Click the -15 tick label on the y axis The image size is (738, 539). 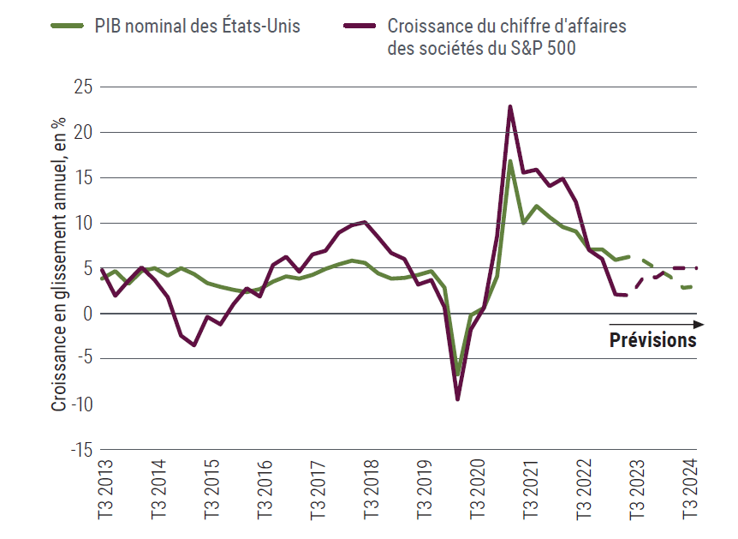click(82, 449)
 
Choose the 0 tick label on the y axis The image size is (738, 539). click(88, 314)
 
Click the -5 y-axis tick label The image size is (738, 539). click(86, 359)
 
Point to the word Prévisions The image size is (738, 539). click(652, 340)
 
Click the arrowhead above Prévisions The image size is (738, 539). click(699, 325)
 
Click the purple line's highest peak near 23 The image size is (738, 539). click(510, 107)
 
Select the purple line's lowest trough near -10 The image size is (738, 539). click(458, 398)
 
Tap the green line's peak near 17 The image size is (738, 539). click(510, 161)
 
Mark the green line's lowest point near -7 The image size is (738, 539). click(458, 374)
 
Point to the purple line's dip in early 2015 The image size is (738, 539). click(194, 344)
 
